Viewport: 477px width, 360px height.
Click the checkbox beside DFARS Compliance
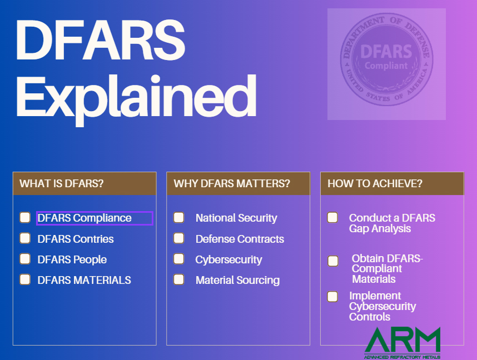[x=25, y=217]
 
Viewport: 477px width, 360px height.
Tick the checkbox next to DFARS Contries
[x=25, y=238]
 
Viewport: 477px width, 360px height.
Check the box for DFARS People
[x=25, y=259]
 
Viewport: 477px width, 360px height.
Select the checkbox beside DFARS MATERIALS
[x=25, y=279]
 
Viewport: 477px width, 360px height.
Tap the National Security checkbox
[x=179, y=217]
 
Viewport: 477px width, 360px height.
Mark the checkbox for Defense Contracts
[x=179, y=238]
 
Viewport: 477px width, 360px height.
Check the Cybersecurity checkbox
[x=179, y=259]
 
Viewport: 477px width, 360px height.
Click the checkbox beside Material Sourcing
[x=179, y=279]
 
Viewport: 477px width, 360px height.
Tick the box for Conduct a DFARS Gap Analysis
[x=332, y=217]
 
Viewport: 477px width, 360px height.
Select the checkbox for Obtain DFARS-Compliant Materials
[x=333, y=261]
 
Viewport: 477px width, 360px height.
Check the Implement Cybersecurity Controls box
[x=332, y=297]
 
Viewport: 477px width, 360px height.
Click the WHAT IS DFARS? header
[x=62, y=184]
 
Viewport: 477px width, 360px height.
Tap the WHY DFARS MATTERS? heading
[x=232, y=184]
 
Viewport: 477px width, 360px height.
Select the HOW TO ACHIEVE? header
[x=375, y=184]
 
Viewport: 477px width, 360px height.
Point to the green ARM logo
[x=403, y=341]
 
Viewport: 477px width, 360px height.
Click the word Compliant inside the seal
[x=386, y=66]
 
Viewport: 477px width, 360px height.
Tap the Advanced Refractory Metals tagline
[x=402, y=357]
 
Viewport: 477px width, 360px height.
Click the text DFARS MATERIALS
[x=85, y=280]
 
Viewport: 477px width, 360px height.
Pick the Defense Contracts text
[x=240, y=239]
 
